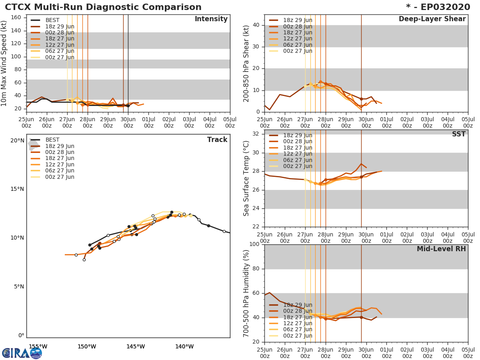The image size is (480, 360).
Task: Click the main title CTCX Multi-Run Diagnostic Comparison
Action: point(103,7)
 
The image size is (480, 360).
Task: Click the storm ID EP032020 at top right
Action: point(441,7)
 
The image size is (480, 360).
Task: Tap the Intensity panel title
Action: point(211,19)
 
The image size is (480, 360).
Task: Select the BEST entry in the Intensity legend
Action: point(52,20)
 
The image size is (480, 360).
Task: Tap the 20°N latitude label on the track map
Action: point(17,140)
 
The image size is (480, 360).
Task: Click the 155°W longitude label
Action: point(38,347)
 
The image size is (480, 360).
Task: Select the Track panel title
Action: point(217,140)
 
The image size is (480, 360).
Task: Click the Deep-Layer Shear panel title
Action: point(432,19)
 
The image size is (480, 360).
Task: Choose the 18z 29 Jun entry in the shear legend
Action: point(298,20)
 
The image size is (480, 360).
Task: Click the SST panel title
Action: point(458,134)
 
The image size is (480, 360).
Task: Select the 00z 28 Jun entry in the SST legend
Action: point(298,142)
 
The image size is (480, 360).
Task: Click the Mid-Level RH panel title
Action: point(441,249)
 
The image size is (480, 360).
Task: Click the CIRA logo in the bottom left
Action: point(22,353)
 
